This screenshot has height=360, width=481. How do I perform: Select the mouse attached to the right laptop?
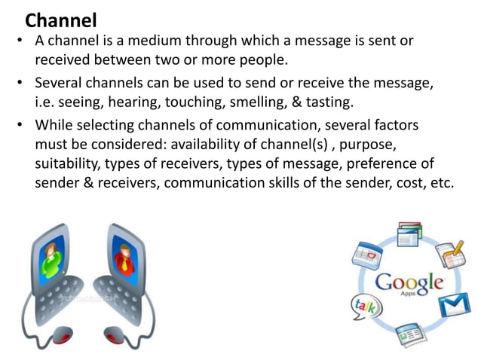pos(118,333)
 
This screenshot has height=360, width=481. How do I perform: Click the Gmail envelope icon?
pos(455,304)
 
